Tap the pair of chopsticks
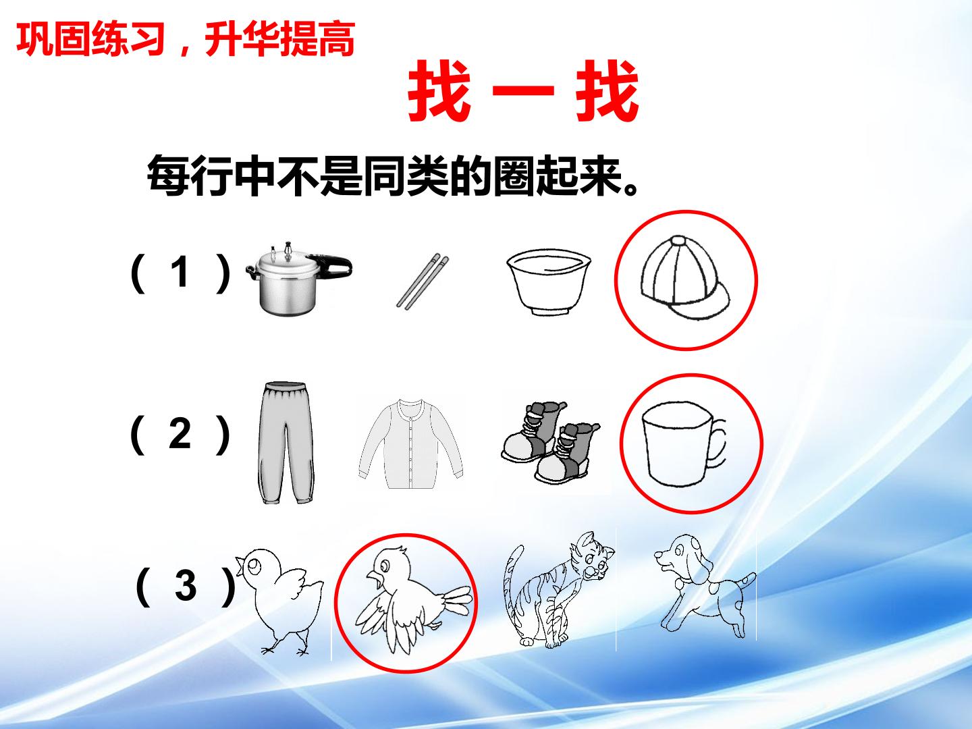click(x=423, y=281)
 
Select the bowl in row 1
click(x=549, y=282)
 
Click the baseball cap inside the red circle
click(x=685, y=278)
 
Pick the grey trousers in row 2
click(x=286, y=443)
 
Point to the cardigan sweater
click(x=411, y=443)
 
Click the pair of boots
click(x=550, y=443)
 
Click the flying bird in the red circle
click(x=412, y=600)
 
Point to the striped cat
click(x=559, y=590)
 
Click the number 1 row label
click(x=181, y=272)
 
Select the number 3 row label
click(x=186, y=586)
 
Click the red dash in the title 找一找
click(x=523, y=90)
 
